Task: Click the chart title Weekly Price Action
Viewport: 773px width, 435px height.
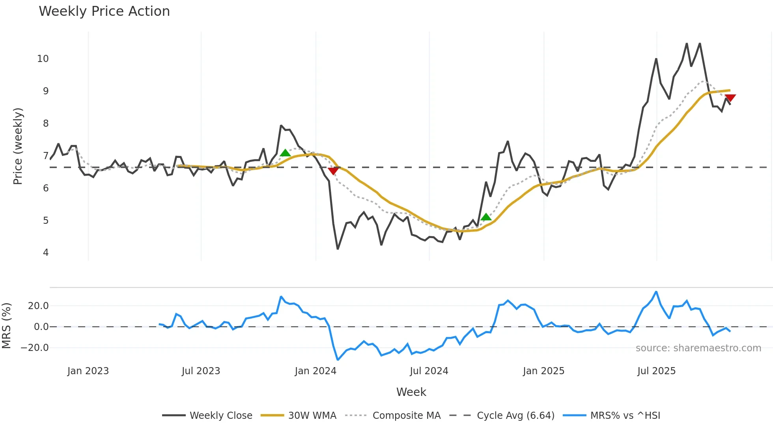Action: (104, 11)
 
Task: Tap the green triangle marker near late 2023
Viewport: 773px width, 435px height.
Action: (285, 153)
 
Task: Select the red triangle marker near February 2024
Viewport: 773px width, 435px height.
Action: (333, 171)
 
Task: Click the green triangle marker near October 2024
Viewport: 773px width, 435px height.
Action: (486, 217)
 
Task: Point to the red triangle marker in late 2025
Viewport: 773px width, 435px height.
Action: (730, 97)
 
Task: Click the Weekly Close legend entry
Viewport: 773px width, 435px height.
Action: (220, 415)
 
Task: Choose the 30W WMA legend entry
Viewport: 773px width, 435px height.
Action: (312, 415)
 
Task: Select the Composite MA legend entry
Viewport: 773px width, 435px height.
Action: (406, 415)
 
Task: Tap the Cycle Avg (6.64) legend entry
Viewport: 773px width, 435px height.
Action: (515, 415)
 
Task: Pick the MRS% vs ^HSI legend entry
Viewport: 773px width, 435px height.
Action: (625, 415)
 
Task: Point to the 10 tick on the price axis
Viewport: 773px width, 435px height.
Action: (43, 59)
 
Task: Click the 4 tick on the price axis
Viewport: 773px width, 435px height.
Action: (46, 253)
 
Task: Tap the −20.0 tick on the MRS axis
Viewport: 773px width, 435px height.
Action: (35, 348)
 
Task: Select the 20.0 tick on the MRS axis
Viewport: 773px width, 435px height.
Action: (38, 306)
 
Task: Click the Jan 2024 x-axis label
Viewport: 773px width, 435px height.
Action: (316, 371)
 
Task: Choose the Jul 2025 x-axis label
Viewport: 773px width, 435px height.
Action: (656, 371)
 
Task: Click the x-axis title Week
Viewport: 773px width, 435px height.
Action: (411, 392)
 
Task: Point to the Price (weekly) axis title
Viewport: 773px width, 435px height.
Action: (18, 146)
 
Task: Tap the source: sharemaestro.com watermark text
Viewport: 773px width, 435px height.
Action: (698, 348)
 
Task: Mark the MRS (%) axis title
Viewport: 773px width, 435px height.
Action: (6, 326)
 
